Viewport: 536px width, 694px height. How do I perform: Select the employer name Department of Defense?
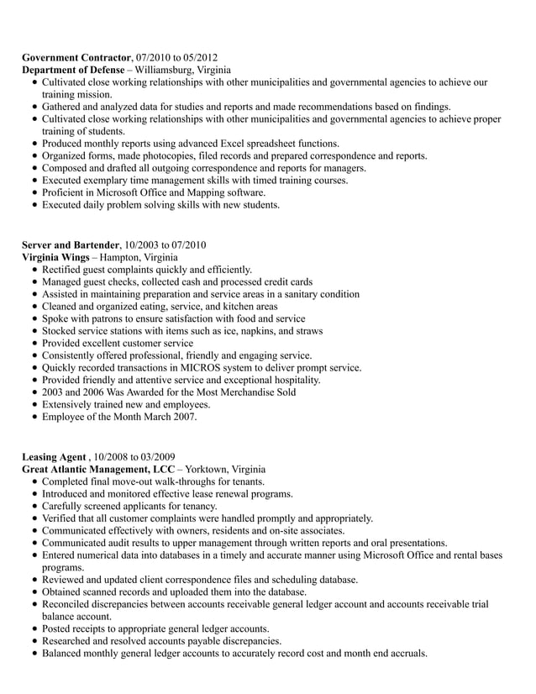point(73,70)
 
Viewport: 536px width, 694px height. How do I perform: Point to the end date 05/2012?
point(200,57)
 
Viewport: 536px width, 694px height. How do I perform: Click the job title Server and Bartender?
point(71,244)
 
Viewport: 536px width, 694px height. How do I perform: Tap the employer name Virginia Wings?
point(55,257)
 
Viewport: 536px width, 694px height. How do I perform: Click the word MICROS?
point(213,367)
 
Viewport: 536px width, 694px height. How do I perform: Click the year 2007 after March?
point(183,416)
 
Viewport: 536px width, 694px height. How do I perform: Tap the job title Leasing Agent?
point(54,457)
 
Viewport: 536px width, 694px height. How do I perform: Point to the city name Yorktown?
point(205,470)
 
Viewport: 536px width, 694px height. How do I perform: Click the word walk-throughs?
point(168,482)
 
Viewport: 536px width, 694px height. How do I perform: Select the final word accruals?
point(406,653)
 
